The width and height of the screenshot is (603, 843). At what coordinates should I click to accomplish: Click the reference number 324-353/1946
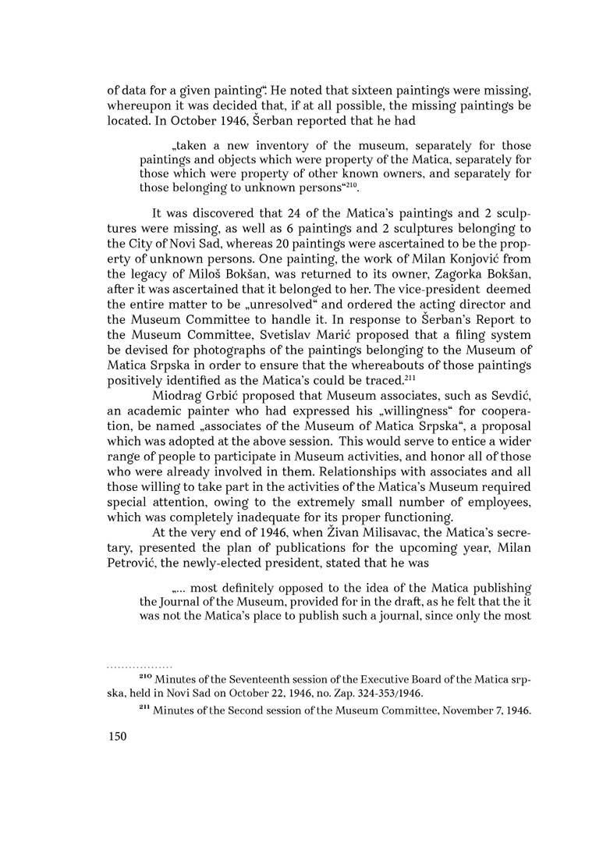[413, 692]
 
